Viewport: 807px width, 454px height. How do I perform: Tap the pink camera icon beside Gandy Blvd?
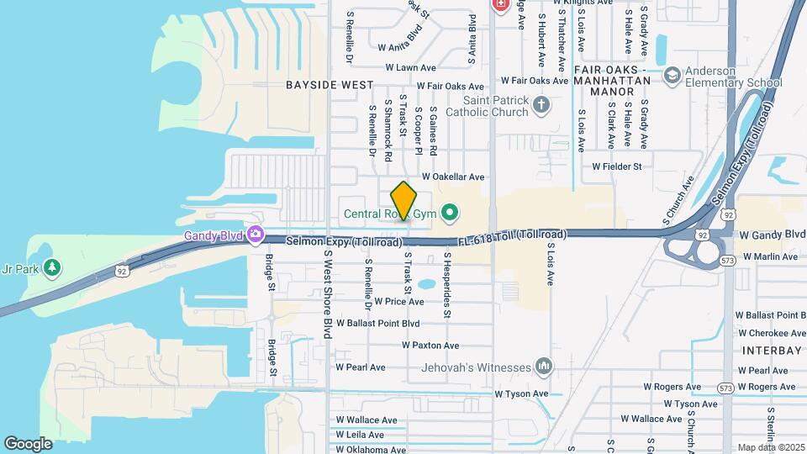click(256, 235)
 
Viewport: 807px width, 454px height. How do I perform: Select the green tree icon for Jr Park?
click(53, 268)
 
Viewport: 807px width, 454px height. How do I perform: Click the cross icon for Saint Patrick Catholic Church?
click(541, 105)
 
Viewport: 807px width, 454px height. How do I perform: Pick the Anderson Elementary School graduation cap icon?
click(672, 77)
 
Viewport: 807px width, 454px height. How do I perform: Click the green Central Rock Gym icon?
click(449, 214)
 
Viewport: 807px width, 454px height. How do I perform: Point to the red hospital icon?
click(501, 5)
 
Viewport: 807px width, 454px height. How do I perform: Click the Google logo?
click(28, 443)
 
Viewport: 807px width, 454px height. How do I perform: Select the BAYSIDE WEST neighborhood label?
click(329, 85)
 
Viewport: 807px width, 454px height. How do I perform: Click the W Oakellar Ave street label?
click(453, 177)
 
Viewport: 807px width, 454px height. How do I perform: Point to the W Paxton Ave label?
click(430, 346)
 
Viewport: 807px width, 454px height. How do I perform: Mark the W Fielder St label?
click(616, 166)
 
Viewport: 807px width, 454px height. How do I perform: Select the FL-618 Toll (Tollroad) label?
click(512, 238)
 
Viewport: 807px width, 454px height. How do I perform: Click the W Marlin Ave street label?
click(769, 256)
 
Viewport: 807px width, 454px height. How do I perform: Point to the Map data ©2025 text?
click(770, 447)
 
